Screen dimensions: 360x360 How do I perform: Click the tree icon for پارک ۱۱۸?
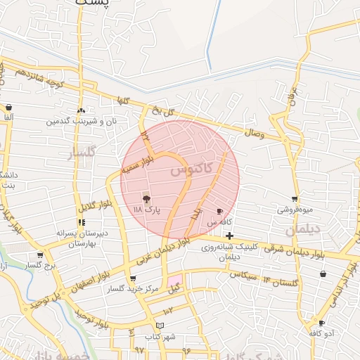[x=146, y=199]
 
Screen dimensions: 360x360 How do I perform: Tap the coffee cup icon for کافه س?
[x=220, y=211]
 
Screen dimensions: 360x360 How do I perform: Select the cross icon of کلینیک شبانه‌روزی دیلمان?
[x=229, y=236]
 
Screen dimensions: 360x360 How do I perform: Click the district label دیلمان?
[x=303, y=229]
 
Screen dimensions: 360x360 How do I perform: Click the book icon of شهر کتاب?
[x=160, y=326]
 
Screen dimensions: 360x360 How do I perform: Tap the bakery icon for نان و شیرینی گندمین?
[x=81, y=110]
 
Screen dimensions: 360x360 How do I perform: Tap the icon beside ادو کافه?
[x=321, y=323]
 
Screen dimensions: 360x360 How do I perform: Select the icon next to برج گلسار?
[x=41, y=255]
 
